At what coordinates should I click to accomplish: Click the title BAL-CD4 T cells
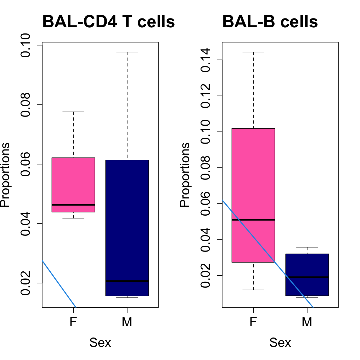108,22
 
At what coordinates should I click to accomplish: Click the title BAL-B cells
270,22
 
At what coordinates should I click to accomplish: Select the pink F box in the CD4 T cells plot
73,182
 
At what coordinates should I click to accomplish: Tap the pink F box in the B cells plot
253,174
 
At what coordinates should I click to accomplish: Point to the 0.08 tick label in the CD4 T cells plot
26,105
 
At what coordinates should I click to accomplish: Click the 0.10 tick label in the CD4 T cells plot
26,45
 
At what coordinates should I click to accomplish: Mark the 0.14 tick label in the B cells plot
206,60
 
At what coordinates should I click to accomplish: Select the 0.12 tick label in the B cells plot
206,96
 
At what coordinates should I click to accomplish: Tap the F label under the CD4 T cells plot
73,322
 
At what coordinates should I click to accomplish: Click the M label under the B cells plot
307,322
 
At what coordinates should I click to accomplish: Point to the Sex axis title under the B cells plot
280,343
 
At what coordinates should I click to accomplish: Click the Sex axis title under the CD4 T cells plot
100,343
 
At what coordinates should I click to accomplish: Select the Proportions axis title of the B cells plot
185,175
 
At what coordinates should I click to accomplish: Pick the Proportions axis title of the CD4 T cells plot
5,175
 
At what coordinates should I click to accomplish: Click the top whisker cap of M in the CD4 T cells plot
127,52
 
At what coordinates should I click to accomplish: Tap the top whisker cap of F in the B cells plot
253,52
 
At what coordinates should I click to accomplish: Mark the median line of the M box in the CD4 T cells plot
127,281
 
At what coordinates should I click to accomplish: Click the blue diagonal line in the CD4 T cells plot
59,284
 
